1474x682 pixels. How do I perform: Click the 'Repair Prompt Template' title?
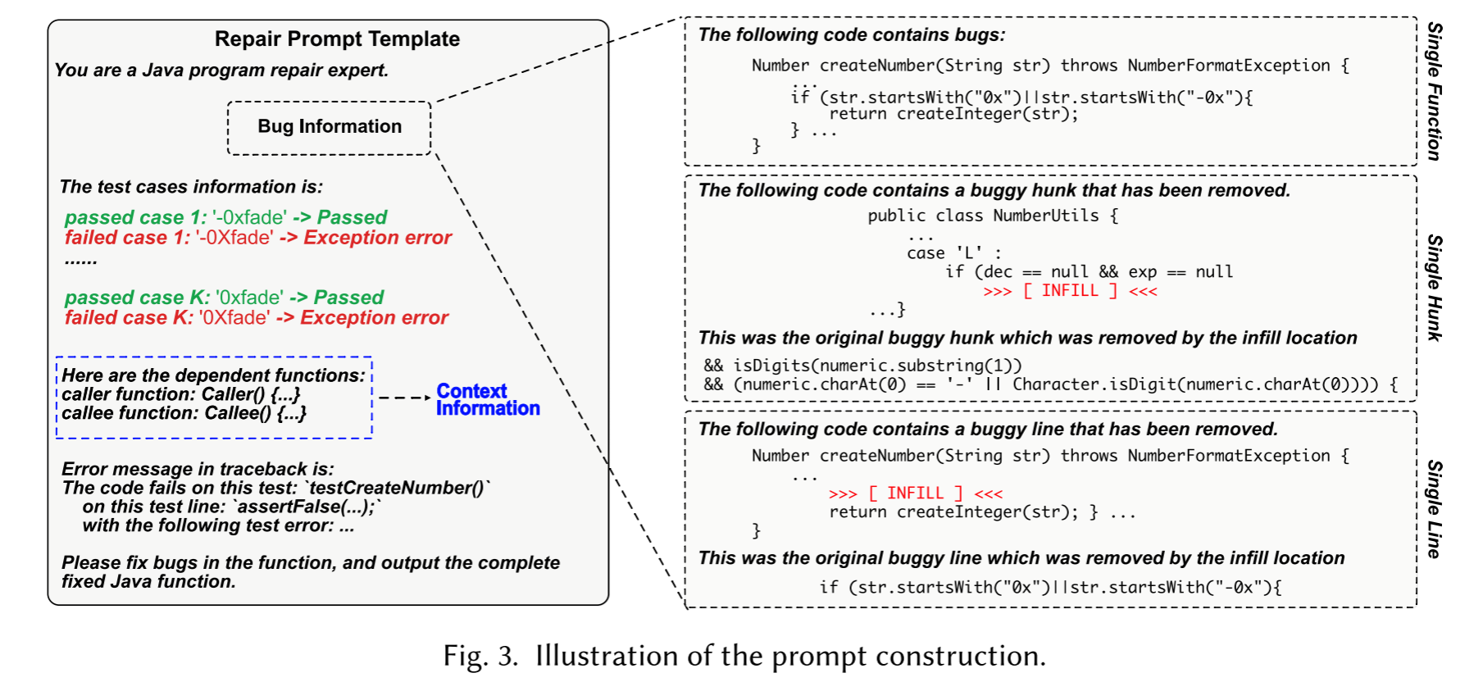[x=337, y=39]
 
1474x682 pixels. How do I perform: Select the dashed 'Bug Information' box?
[x=329, y=127]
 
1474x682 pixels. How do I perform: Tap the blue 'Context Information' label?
[x=487, y=400]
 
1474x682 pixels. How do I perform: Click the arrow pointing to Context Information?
[x=404, y=398]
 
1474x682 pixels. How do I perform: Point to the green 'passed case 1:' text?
[x=135, y=218]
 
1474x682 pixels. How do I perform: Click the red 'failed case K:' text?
[x=129, y=318]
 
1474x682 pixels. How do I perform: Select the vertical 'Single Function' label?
[x=1434, y=91]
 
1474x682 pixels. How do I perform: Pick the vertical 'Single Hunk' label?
[x=1434, y=287]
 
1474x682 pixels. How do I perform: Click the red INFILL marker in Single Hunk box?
[x=1070, y=291]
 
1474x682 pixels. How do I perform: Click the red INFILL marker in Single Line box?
[x=915, y=493]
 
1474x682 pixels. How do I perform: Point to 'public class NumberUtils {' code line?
[x=993, y=216]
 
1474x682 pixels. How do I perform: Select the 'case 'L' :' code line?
[x=953, y=253]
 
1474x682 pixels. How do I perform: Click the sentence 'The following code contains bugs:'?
[x=851, y=35]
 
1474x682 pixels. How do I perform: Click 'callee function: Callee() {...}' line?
[x=184, y=413]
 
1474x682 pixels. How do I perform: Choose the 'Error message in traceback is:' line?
[x=198, y=469]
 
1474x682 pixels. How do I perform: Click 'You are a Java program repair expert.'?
[x=221, y=70]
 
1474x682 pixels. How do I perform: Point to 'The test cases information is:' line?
[x=191, y=187]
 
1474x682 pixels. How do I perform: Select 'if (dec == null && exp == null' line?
[x=1089, y=272]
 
